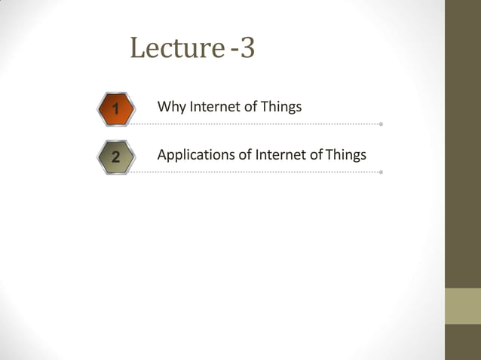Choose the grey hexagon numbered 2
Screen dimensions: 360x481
click(x=115, y=157)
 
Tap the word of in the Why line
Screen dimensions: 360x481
click(x=250, y=107)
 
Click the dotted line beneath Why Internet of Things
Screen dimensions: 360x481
click(x=256, y=124)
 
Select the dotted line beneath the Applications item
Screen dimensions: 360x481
click(x=256, y=172)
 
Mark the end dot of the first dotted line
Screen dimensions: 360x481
click(x=381, y=124)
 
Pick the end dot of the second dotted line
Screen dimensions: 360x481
click(x=381, y=172)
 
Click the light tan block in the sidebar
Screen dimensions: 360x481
click(x=463, y=306)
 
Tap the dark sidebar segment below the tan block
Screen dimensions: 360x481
click(x=463, y=342)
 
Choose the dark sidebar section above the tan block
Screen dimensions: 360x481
click(x=463, y=143)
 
